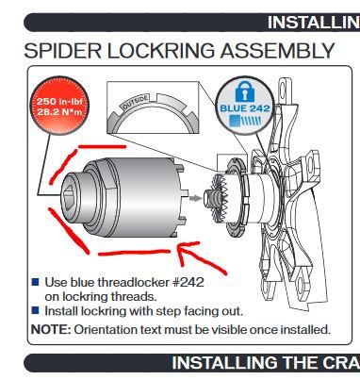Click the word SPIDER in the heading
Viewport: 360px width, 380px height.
coord(63,50)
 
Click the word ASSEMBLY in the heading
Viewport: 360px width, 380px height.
coord(277,50)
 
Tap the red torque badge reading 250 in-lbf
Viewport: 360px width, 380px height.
coord(59,106)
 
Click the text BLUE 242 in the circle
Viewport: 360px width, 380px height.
coord(245,108)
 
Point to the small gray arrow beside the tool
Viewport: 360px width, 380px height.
coord(196,198)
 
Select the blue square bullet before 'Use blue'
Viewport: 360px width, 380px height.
coord(36,282)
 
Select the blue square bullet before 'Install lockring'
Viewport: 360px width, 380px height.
coord(36,311)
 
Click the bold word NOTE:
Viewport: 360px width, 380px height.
coord(51,330)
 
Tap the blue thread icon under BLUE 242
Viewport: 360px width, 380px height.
coord(245,121)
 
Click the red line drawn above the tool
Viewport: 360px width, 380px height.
coord(102,146)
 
